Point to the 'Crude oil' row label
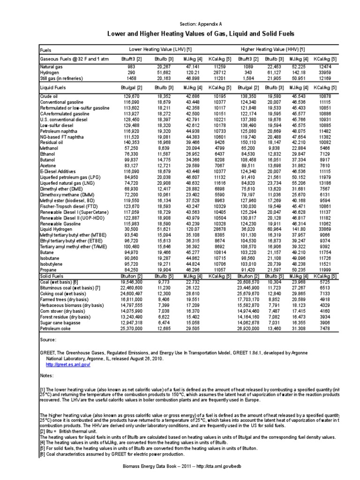click(49, 96)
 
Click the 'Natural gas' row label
click(51, 67)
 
